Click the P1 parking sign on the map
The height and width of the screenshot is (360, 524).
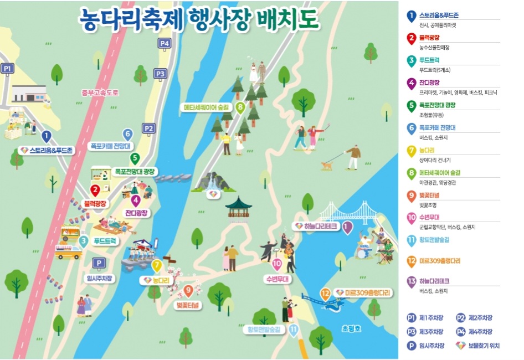[7, 69]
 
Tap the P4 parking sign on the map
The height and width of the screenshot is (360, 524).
[164, 43]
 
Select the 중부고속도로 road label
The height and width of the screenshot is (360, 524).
[100, 93]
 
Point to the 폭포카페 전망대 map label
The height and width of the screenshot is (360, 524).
[109, 146]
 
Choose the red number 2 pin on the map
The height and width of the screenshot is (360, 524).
[95, 191]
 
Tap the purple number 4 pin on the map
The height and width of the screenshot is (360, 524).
[136, 200]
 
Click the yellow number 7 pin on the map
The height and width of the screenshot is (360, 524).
[157, 266]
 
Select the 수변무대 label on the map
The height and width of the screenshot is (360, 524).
[278, 279]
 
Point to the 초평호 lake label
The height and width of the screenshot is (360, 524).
[351, 328]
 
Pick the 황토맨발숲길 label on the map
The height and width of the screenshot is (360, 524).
[264, 330]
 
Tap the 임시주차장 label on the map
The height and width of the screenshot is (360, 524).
[100, 278]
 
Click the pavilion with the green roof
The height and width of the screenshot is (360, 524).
[238, 208]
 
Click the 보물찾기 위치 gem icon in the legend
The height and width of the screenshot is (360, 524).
[460, 346]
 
